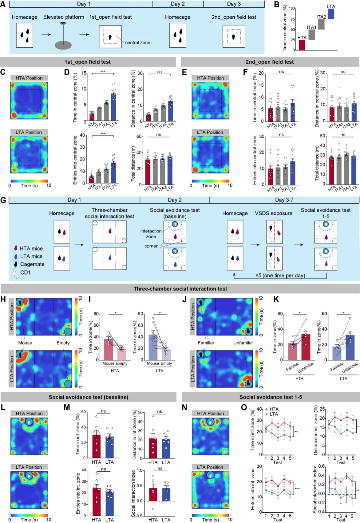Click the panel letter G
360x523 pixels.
pyautogui.click(x=3, y=200)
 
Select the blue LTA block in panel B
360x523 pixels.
pyautogui.click(x=331, y=14)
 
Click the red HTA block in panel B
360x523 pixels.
pyautogui.click(x=302, y=45)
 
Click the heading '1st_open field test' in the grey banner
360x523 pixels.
pyautogui.click(x=87, y=62)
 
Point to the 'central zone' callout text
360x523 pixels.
pyautogui.click(x=137, y=43)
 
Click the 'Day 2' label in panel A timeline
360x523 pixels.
pyautogui.click(x=178, y=4)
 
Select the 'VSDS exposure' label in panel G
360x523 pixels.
pyautogui.click(x=273, y=214)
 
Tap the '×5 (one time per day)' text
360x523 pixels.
pyautogui.click(x=280, y=275)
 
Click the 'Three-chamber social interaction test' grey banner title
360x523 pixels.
pyautogui.click(x=180, y=289)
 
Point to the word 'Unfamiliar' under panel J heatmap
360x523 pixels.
pyautogui.click(x=243, y=343)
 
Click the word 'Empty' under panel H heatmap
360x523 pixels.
pyautogui.click(x=63, y=343)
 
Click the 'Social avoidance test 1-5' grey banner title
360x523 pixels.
pyautogui.click(x=270, y=397)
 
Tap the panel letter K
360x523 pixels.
pyautogui.click(x=276, y=299)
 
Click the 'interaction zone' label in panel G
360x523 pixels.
pyautogui.click(x=151, y=234)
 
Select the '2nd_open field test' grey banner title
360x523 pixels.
pyautogui.click(x=270, y=62)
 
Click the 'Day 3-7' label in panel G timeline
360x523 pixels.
pyautogui.click(x=284, y=200)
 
